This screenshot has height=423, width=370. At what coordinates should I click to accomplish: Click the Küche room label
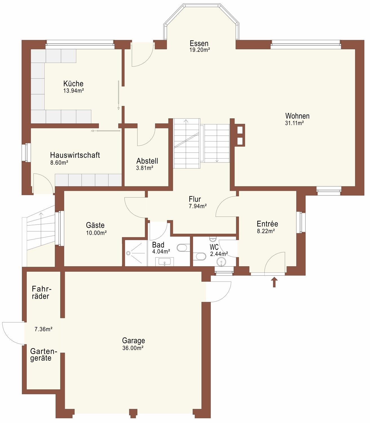tap(73, 84)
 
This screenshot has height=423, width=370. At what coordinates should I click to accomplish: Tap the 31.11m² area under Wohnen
tap(294, 123)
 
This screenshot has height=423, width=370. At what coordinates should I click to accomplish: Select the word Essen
tap(199, 43)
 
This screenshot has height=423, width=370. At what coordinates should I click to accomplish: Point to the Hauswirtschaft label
tap(75, 155)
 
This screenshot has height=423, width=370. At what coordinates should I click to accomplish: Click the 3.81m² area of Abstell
tap(145, 168)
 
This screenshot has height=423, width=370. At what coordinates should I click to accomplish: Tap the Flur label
tap(195, 199)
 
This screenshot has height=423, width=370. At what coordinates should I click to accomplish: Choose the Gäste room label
tap(95, 225)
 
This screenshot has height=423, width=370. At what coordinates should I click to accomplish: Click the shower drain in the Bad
tap(128, 253)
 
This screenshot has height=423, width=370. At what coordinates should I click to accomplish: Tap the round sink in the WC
tap(221, 262)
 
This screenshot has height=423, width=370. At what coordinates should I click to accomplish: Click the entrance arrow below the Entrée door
tap(274, 282)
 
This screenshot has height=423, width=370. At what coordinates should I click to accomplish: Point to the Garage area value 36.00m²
tap(133, 348)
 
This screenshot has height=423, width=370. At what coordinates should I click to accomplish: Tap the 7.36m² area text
tap(43, 329)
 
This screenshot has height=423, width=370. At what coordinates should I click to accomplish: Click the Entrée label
tap(267, 224)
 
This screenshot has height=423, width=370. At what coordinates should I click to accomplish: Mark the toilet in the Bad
tap(182, 248)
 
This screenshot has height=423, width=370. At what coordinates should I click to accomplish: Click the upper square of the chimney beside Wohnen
tap(240, 130)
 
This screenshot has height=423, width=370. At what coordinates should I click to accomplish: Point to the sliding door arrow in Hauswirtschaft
tap(106, 131)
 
